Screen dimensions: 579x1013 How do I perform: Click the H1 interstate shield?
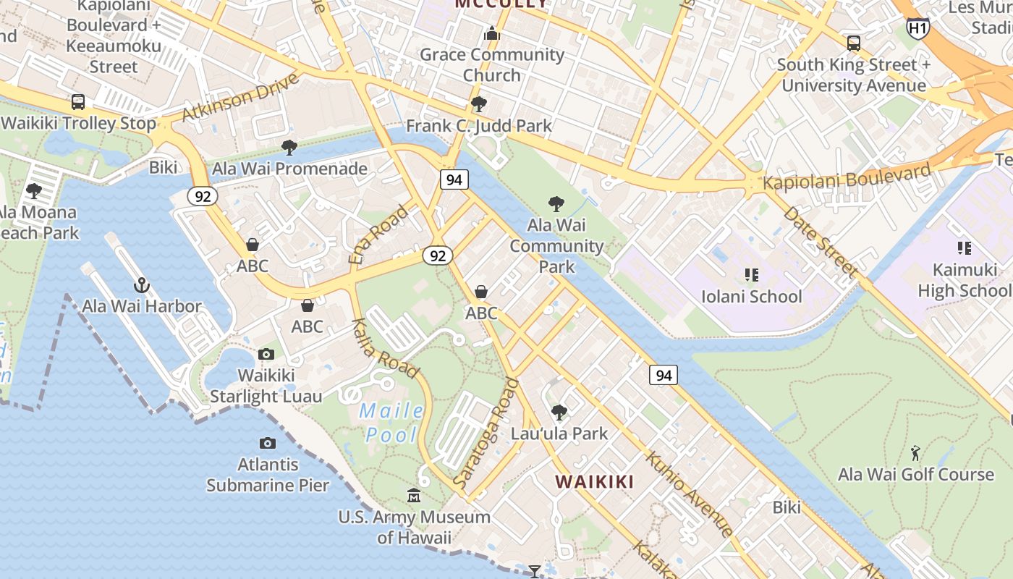click(917, 28)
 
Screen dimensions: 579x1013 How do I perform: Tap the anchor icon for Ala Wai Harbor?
click(141, 285)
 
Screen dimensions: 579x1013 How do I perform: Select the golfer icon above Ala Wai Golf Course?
click(915, 454)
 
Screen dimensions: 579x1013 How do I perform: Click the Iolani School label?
click(752, 297)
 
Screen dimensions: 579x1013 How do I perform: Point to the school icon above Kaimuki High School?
click(964, 249)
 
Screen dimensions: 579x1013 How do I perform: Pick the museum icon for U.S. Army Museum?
click(414, 496)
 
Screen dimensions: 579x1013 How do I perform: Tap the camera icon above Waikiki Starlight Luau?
click(266, 354)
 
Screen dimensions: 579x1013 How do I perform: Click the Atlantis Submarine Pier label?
click(268, 475)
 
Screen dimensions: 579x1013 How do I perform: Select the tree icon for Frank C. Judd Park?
click(478, 105)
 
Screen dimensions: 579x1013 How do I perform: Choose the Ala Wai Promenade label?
click(289, 169)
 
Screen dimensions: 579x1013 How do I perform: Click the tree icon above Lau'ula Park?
click(559, 413)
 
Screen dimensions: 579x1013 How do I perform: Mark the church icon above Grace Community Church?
click(492, 33)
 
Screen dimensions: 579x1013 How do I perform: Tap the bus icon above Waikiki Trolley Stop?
click(77, 102)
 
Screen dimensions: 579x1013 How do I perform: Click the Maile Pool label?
click(391, 423)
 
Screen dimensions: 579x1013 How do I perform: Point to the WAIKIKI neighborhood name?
click(594, 482)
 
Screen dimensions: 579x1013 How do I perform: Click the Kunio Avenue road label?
click(688, 494)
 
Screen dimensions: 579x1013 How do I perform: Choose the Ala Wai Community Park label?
click(556, 246)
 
